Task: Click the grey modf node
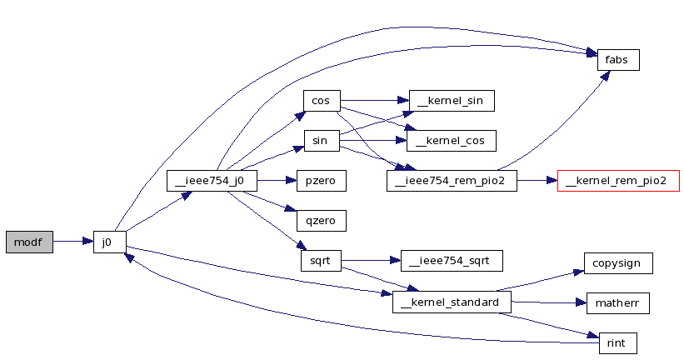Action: click(x=29, y=242)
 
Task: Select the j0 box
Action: click(x=109, y=242)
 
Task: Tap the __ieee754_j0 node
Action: click(x=212, y=181)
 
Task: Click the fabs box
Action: click(x=618, y=60)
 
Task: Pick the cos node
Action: click(x=322, y=101)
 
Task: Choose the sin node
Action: click(x=322, y=141)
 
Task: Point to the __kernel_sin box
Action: click(x=452, y=101)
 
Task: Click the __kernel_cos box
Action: click(x=451, y=141)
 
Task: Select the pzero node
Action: click(x=321, y=181)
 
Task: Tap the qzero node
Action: click(x=321, y=220)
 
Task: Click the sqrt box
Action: click(x=321, y=261)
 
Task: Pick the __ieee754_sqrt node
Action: click(x=452, y=261)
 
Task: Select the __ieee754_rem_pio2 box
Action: click(x=452, y=181)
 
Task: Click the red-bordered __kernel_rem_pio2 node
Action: click(x=618, y=181)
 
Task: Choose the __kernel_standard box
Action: click(x=452, y=302)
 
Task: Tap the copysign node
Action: click(x=618, y=263)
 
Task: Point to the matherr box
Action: click(x=617, y=303)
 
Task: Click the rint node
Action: click(x=617, y=343)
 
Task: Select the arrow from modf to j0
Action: click(x=72, y=242)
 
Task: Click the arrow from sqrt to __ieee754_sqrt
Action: click(x=371, y=261)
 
